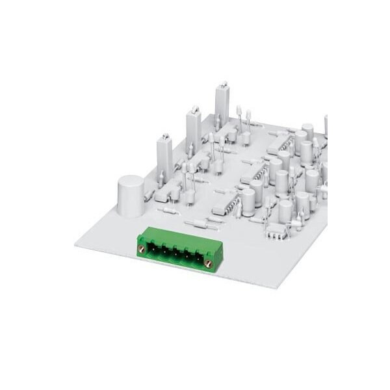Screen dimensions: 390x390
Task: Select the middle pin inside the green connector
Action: tap(175, 254)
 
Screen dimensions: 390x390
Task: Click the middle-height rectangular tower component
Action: tap(193, 130)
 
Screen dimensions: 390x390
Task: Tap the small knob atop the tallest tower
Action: tap(224, 84)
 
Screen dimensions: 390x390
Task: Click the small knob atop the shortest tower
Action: tap(164, 135)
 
